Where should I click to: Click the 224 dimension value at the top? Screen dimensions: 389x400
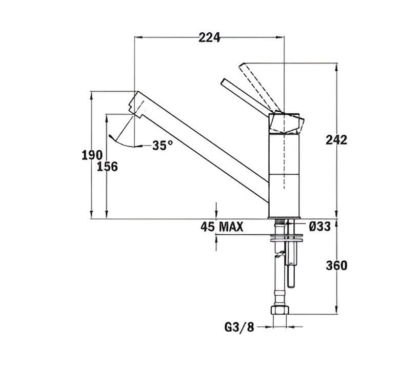click(209, 37)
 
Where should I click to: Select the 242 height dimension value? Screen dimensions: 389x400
click(336, 140)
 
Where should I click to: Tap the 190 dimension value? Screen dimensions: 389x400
click(92, 155)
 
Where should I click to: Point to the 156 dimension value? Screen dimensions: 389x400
click(108, 167)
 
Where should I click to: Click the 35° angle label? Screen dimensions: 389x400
click(163, 146)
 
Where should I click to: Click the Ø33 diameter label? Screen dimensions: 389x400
click(319, 227)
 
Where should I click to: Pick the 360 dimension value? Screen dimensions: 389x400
click(336, 265)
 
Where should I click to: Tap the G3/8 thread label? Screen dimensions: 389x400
click(239, 326)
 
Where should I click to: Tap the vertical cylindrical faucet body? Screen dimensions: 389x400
click(284, 174)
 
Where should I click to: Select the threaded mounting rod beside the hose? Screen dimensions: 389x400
click(291, 261)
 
